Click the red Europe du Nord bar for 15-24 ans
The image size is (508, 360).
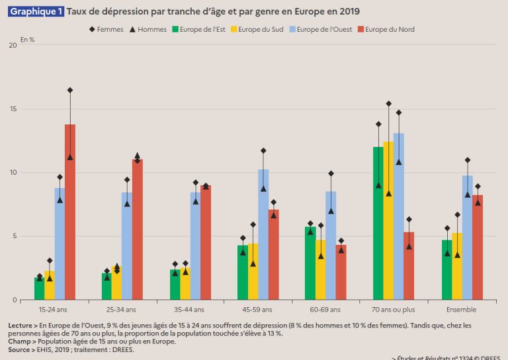click(x=69, y=212)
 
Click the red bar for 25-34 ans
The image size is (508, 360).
click(x=137, y=229)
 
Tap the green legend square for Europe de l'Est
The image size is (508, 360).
click(x=175, y=29)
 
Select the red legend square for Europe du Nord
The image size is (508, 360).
click(x=360, y=29)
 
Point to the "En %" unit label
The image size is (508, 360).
click(x=26, y=40)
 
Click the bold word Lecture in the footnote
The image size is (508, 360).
click(x=22, y=326)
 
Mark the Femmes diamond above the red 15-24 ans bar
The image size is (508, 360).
click(x=69, y=90)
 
